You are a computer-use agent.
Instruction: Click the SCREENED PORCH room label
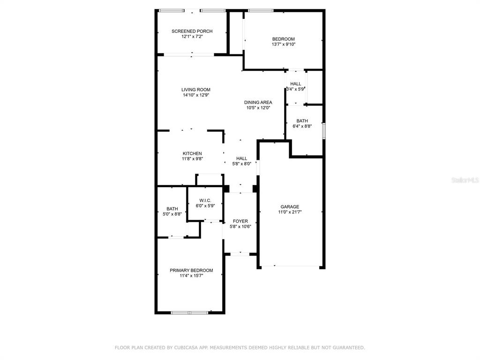(x=192, y=31)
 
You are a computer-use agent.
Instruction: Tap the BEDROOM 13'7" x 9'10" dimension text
(x=284, y=45)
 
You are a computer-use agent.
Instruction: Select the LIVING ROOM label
(x=196, y=90)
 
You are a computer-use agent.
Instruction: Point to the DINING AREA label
(x=258, y=102)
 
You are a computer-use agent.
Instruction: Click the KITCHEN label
(x=192, y=153)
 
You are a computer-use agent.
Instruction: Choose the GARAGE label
(x=290, y=207)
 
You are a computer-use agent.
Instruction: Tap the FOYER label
(x=240, y=221)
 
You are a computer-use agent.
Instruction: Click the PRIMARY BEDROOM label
(x=191, y=270)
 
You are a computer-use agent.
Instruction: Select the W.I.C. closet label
(x=205, y=201)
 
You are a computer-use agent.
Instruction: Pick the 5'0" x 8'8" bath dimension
(x=172, y=214)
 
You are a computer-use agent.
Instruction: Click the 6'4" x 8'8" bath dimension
(x=302, y=126)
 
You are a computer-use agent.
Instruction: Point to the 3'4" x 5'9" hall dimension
(x=295, y=89)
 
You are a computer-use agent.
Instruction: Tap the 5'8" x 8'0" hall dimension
(x=241, y=164)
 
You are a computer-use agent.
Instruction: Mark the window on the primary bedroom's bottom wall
(x=189, y=313)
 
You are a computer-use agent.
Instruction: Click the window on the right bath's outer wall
(x=323, y=131)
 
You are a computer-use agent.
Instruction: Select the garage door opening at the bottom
(x=290, y=266)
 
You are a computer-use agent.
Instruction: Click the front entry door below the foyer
(x=240, y=254)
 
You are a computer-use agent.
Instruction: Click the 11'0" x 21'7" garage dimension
(x=290, y=212)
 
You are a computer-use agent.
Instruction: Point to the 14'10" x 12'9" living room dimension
(x=196, y=95)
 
